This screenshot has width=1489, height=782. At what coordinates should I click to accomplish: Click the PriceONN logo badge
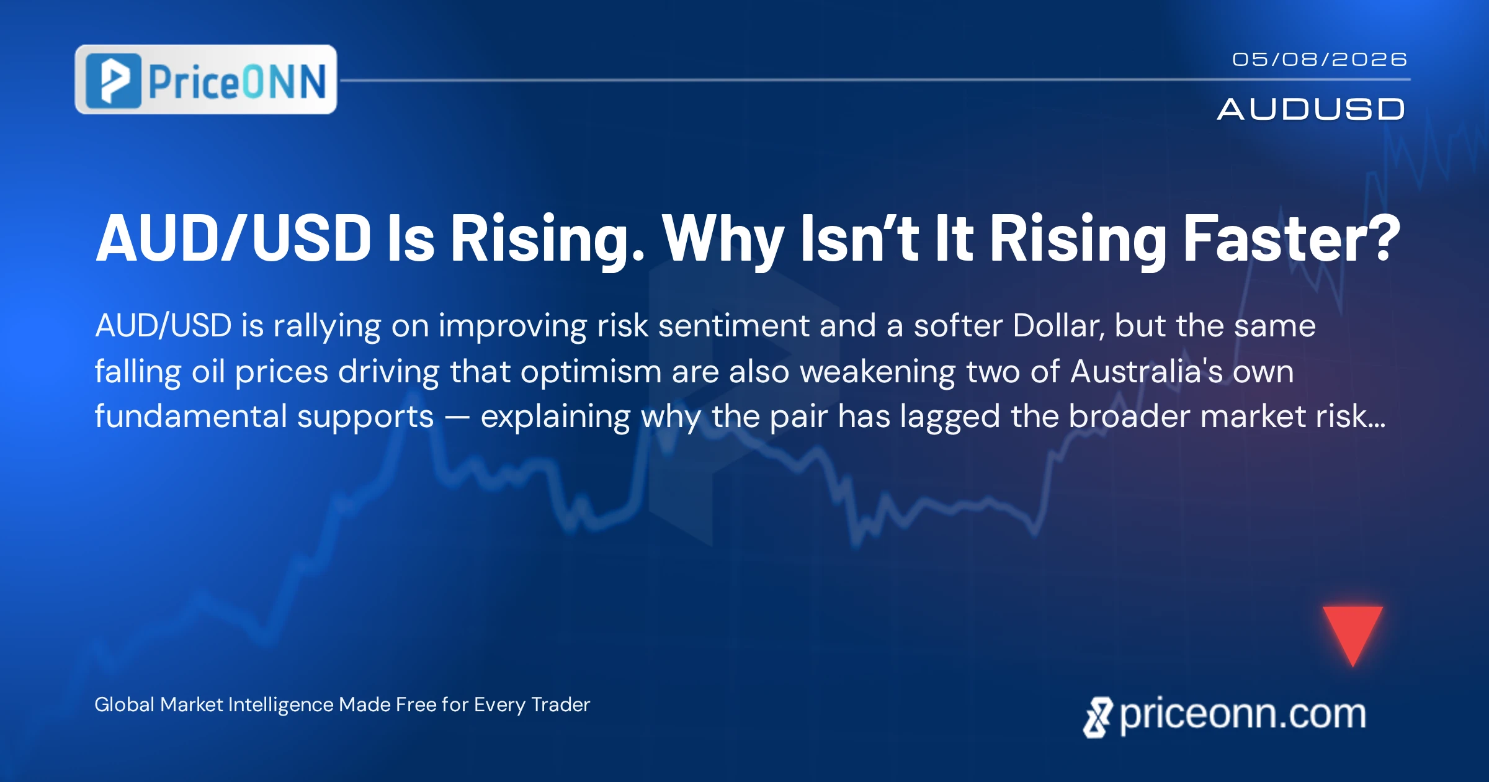click(206, 79)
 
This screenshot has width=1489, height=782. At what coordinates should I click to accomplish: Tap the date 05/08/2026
click(1320, 59)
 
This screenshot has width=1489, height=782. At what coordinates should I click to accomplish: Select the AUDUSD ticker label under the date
click(1311, 109)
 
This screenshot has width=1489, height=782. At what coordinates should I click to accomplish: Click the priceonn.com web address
click(1243, 714)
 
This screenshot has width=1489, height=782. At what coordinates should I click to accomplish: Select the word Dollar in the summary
click(1058, 326)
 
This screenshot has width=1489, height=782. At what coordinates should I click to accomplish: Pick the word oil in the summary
click(208, 371)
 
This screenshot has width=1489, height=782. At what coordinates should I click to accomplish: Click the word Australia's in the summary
click(1147, 371)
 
